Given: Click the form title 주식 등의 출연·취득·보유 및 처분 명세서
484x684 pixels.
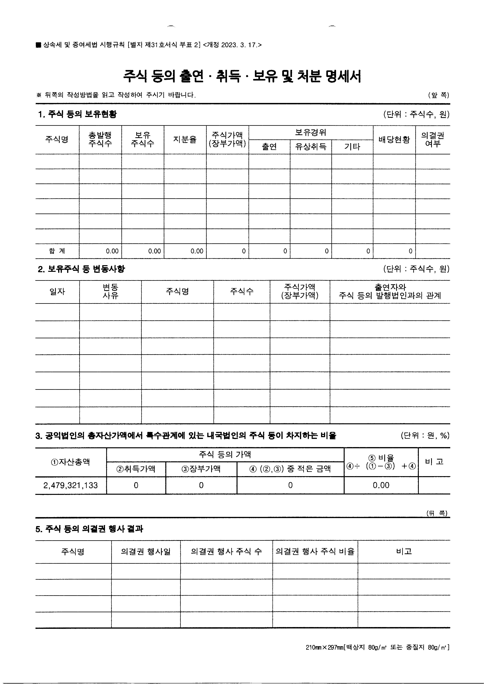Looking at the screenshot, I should point(242,76).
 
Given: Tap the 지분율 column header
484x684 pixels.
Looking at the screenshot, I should point(185,139).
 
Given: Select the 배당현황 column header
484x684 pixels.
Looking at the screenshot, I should point(394,139).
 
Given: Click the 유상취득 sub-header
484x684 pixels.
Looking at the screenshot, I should point(311,147).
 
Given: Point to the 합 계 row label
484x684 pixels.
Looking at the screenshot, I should point(57,251).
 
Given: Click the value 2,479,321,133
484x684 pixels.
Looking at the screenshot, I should point(71,485).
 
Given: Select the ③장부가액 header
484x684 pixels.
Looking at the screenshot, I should point(201,469).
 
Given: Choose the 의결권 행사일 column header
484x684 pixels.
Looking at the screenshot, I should point(146,551).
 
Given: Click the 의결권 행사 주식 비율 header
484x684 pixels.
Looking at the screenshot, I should point(315,551).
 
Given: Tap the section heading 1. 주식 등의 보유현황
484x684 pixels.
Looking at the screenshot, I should point(77,114).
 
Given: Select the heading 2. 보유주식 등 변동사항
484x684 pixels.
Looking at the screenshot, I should point(81,269).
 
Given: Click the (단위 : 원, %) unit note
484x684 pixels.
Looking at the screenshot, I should point(425,436).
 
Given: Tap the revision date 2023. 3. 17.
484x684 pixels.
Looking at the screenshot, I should point(238,45).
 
